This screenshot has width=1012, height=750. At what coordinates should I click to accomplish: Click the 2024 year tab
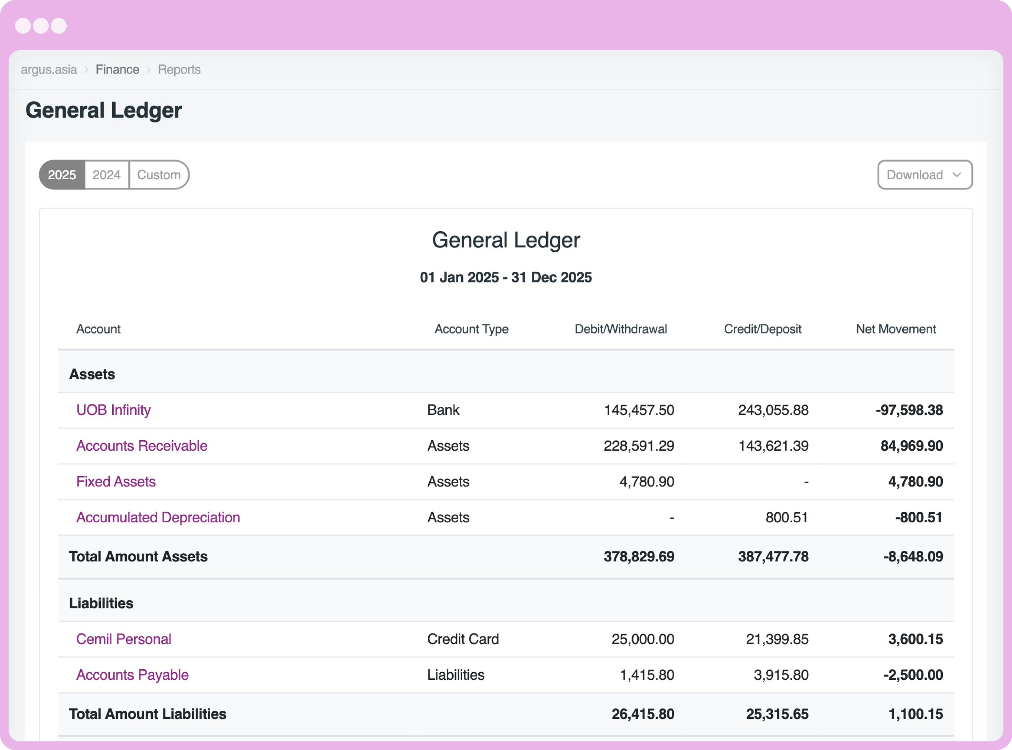point(107,175)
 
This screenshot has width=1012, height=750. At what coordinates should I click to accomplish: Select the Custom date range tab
point(159,175)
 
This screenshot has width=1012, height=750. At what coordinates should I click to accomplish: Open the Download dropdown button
point(924,175)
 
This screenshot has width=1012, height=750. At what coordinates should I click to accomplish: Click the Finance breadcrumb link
point(117,70)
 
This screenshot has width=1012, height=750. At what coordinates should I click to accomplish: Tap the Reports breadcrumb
point(179,70)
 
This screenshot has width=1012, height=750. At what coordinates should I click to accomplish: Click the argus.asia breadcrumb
point(49,70)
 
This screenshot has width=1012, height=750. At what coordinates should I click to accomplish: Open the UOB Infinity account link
point(114,410)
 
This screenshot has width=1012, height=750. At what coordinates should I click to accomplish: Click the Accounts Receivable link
point(142,446)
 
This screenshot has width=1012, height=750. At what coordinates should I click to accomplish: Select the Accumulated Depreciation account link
point(158,518)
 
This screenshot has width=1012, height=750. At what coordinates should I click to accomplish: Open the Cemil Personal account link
point(123,639)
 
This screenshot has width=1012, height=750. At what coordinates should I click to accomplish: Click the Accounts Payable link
point(132,675)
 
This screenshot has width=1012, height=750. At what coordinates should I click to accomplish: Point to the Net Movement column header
point(895,329)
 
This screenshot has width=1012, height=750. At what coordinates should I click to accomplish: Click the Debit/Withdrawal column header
point(620,329)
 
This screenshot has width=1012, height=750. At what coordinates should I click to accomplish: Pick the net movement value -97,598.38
point(909,410)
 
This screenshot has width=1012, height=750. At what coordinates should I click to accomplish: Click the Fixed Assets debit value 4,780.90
point(647,482)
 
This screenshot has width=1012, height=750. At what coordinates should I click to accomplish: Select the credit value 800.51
point(786,518)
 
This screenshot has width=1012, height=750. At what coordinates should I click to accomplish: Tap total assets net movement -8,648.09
point(913,557)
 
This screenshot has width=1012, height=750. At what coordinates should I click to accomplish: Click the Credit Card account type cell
point(463,639)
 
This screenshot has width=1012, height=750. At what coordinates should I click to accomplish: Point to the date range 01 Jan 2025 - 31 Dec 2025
point(506,277)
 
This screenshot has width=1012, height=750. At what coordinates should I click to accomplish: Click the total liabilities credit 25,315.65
point(777,714)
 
